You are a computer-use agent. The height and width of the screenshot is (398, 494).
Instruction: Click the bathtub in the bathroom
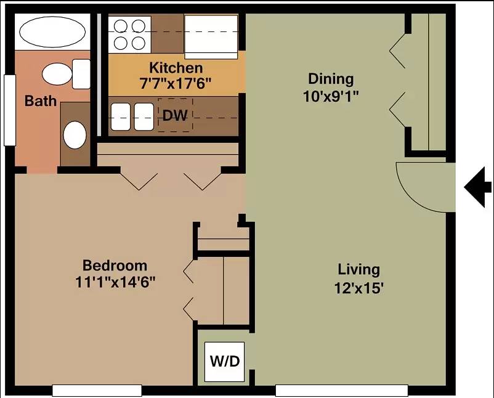coord(52,32)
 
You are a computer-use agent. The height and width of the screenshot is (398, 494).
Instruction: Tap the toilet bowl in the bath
coord(57,74)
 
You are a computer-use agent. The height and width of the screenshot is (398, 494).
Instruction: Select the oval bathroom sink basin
coord(75,135)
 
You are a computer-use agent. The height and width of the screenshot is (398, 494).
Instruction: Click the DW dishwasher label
coord(175,116)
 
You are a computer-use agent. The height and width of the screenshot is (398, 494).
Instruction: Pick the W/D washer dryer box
coord(224,362)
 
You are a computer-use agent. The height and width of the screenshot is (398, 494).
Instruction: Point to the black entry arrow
coord(477,187)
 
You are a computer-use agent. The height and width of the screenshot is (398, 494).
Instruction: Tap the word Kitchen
coord(176,68)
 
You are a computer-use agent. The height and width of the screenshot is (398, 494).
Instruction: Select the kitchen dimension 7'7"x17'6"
coord(176,84)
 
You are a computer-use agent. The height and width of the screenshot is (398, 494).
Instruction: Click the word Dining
coord(331,79)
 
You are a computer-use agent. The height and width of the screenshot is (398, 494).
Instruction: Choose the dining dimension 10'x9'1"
coord(331,96)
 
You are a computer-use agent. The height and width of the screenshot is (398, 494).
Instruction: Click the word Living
coord(359,270)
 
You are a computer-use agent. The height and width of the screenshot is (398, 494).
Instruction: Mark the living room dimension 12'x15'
coord(359,288)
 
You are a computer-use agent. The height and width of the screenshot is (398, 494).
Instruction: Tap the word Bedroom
coord(115,266)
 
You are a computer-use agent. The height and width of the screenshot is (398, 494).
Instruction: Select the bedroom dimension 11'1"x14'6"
coord(115,282)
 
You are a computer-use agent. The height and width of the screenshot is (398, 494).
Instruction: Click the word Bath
coord(41,101)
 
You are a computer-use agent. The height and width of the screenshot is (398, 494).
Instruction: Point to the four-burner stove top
coord(129,35)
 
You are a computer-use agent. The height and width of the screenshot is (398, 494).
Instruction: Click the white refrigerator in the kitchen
coord(211,37)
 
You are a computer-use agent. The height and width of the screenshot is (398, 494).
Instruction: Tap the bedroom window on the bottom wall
coord(97,391)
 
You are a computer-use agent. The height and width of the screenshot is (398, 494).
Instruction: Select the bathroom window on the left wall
coord(10,110)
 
